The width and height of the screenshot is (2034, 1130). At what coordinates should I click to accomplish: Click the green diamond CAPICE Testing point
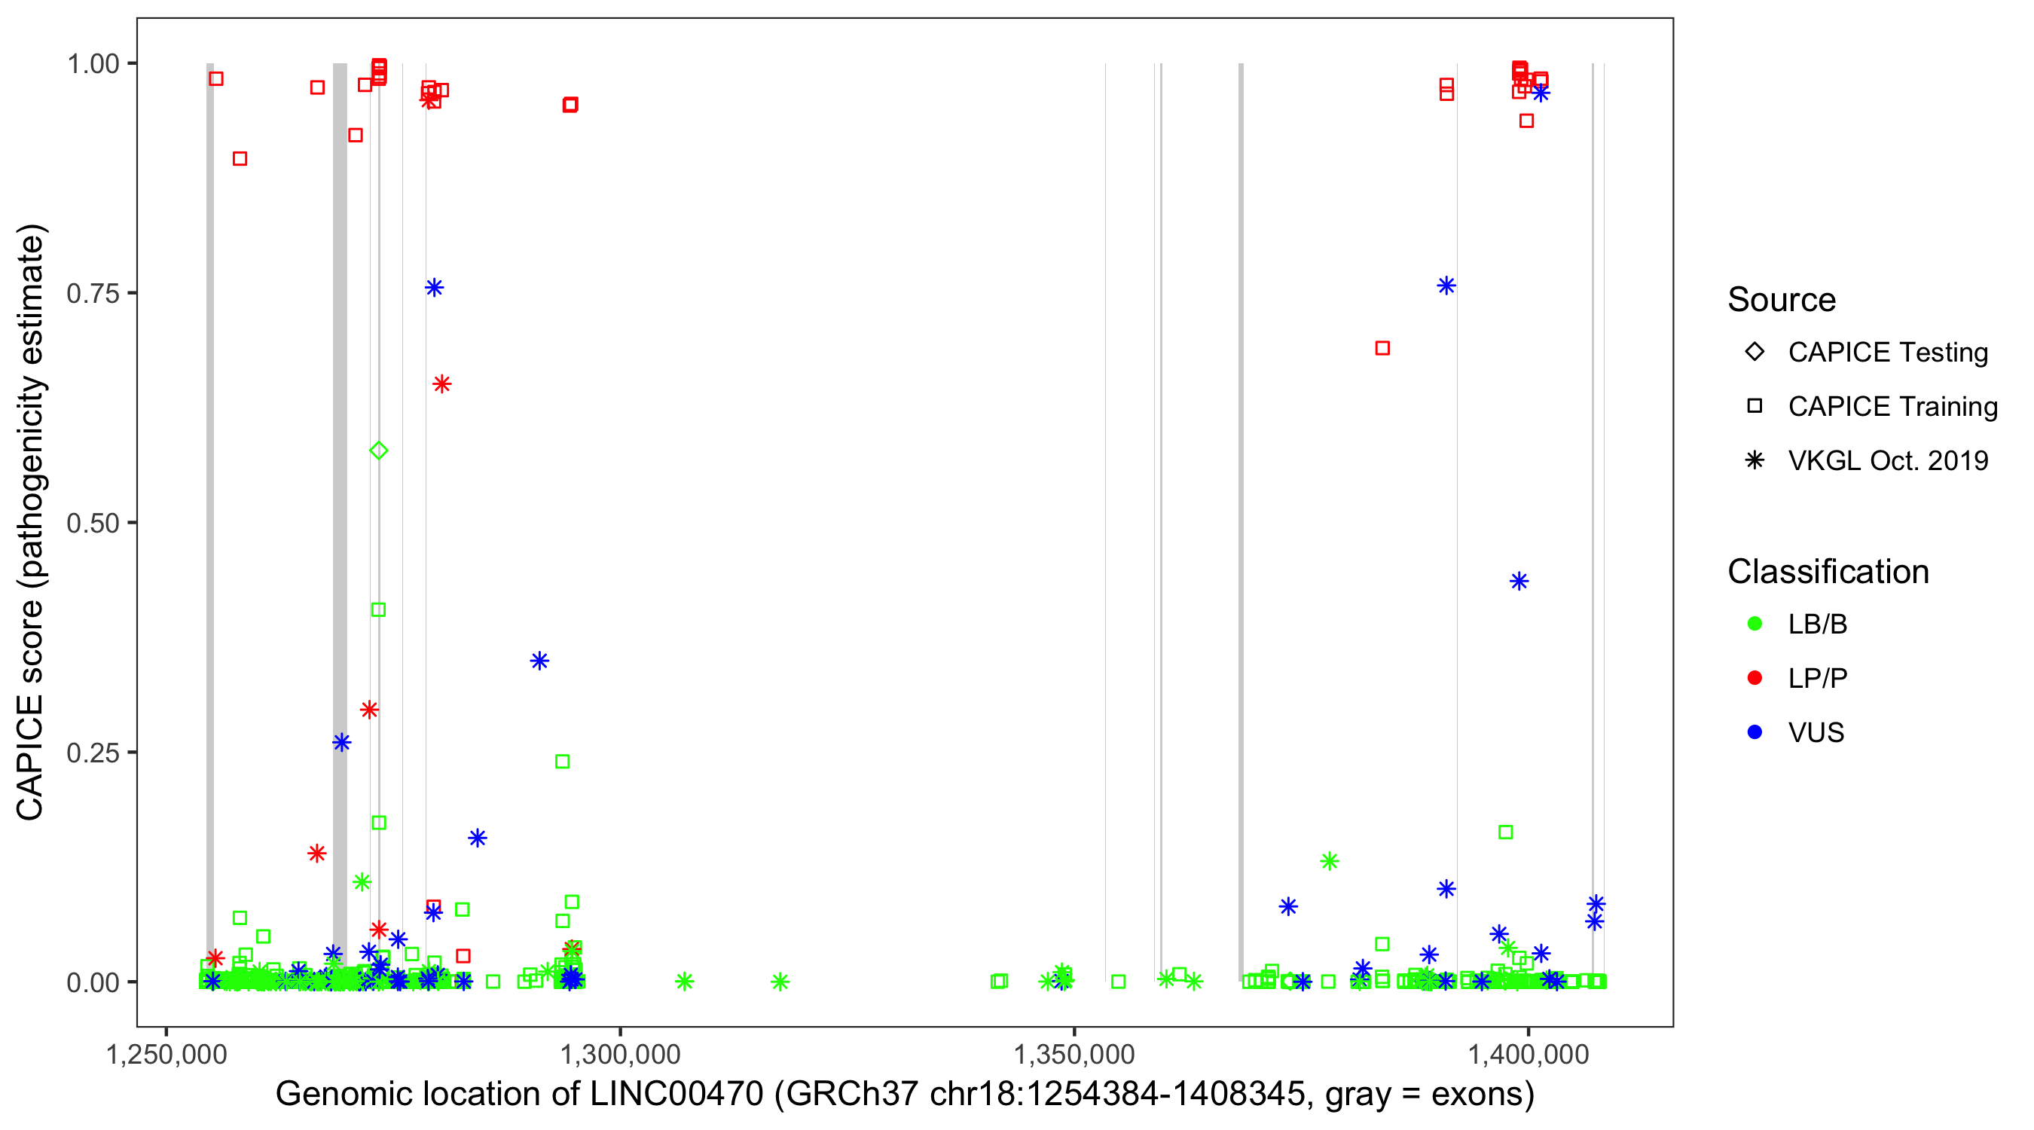pyautogui.click(x=379, y=451)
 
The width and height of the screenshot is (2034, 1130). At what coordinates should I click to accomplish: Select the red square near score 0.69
pyautogui.click(x=1382, y=348)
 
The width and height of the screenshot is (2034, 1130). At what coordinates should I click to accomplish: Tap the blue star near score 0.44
pyautogui.click(x=1519, y=581)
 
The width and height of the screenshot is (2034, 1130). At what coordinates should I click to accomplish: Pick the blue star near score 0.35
pyautogui.click(x=539, y=661)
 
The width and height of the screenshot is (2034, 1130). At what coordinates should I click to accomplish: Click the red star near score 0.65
pyautogui.click(x=441, y=384)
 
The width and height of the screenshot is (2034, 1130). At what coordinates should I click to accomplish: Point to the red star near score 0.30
pyautogui.click(x=368, y=710)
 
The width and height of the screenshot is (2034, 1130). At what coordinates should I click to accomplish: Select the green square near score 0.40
pyautogui.click(x=378, y=609)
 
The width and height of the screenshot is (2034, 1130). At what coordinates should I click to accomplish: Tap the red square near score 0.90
pyautogui.click(x=240, y=159)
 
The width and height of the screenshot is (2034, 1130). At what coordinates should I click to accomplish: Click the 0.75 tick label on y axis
pyautogui.click(x=92, y=294)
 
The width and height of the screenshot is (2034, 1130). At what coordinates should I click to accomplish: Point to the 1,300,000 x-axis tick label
pyautogui.click(x=620, y=1055)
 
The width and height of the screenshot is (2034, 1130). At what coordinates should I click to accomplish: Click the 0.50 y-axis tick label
pyautogui.click(x=92, y=524)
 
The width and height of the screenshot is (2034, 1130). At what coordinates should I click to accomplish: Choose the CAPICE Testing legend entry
pyautogui.click(x=1887, y=353)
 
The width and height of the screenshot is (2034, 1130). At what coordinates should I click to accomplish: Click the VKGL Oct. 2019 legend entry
pyautogui.click(x=1887, y=461)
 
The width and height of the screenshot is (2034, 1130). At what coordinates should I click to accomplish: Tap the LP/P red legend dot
pyautogui.click(x=1755, y=678)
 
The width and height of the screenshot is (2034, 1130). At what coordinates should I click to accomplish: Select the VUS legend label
pyautogui.click(x=1816, y=733)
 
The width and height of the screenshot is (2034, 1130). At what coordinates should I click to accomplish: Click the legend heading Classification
pyautogui.click(x=1828, y=572)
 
